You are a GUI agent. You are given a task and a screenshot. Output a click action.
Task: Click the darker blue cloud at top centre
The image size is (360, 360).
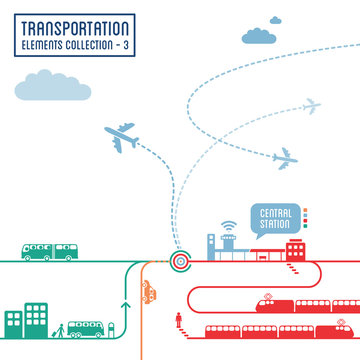point(260,35)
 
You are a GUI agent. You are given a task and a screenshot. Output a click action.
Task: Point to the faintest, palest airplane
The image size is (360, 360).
point(312,105)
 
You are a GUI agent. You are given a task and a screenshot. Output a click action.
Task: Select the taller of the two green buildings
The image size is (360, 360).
point(37,316)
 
